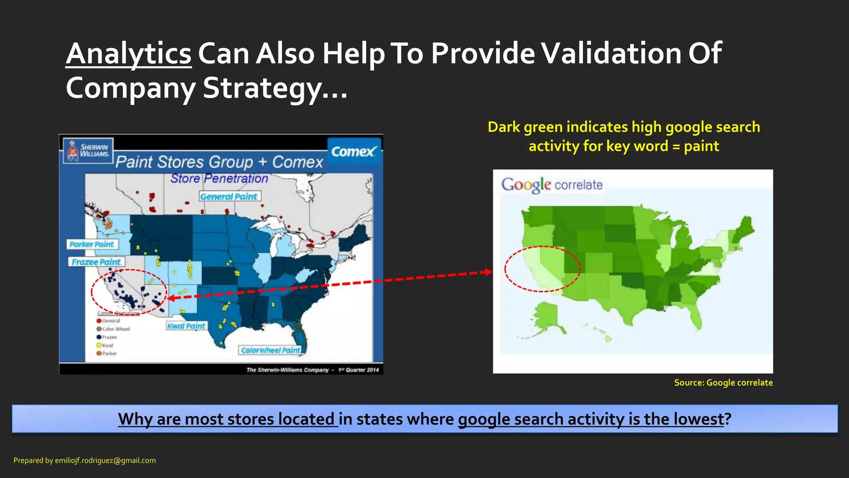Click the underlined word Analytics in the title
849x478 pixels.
129,54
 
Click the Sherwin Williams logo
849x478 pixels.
88,151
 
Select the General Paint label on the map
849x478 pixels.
230,196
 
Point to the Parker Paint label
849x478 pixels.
92,244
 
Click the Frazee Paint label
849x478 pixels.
96,262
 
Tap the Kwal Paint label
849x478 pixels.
186,326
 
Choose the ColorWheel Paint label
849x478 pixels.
270,350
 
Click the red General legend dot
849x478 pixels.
99,321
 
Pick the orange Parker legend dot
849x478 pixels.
99,354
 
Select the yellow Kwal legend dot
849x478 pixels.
99,345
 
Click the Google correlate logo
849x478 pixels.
552,185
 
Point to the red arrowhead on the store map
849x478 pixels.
171,298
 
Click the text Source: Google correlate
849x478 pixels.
723,383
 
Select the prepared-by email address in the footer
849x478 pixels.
105,461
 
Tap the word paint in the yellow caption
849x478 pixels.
701,146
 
